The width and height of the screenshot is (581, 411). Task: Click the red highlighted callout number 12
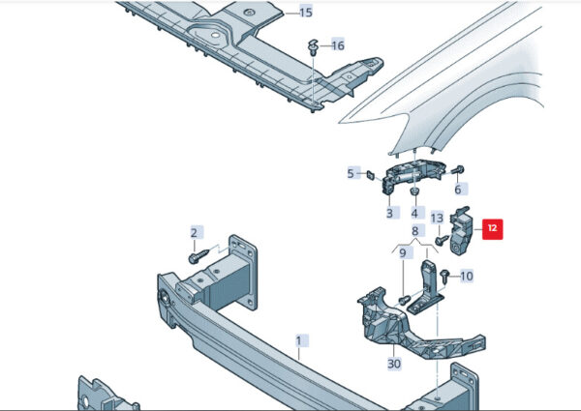tap(492, 229)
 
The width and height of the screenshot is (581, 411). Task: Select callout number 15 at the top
tap(305, 13)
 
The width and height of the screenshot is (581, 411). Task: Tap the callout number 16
tap(337, 45)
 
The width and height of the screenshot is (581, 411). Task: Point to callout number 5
tap(352, 173)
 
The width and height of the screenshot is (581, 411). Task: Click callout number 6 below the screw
tap(458, 190)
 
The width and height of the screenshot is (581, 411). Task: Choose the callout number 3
tap(389, 213)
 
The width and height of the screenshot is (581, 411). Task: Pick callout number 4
tap(414, 213)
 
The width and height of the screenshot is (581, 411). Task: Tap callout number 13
tap(437, 218)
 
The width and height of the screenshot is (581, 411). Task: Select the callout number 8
tap(414, 231)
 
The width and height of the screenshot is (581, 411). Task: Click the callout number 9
tap(404, 253)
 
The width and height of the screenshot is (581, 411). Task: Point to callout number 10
tap(467, 277)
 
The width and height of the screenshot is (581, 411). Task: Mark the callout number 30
tap(393, 364)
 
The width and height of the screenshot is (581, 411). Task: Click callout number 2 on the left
tap(194, 233)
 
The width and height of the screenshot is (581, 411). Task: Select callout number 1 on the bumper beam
tap(299, 340)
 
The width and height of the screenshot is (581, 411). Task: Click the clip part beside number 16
tap(314, 46)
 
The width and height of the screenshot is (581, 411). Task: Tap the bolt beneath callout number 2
tap(197, 258)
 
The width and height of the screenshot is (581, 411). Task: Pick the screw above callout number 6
tap(456, 170)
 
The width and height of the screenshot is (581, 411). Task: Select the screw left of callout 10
tap(444, 277)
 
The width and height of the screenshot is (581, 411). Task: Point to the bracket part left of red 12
tap(463, 229)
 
